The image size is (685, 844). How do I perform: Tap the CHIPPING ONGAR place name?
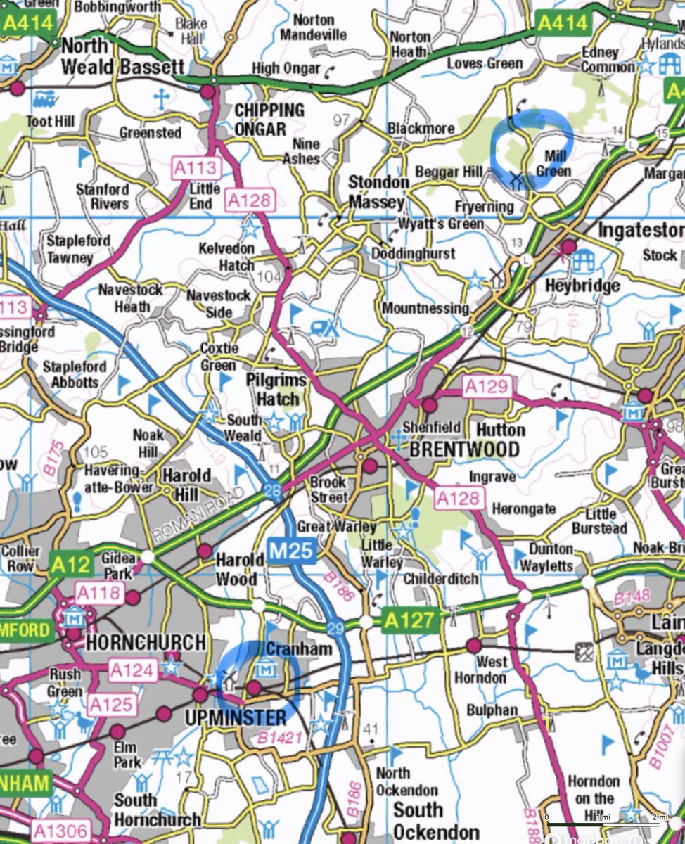(x=269, y=120)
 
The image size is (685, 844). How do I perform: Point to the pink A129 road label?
(x=485, y=387)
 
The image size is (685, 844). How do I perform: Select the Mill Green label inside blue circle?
(x=553, y=162)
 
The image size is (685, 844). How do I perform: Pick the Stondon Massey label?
(x=378, y=192)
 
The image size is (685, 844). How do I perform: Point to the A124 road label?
(x=132, y=670)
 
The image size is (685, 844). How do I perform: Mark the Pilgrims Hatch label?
(x=276, y=390)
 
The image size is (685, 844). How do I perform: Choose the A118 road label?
(x=98, y=594)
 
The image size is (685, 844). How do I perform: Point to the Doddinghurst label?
(x=419, y=253)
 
